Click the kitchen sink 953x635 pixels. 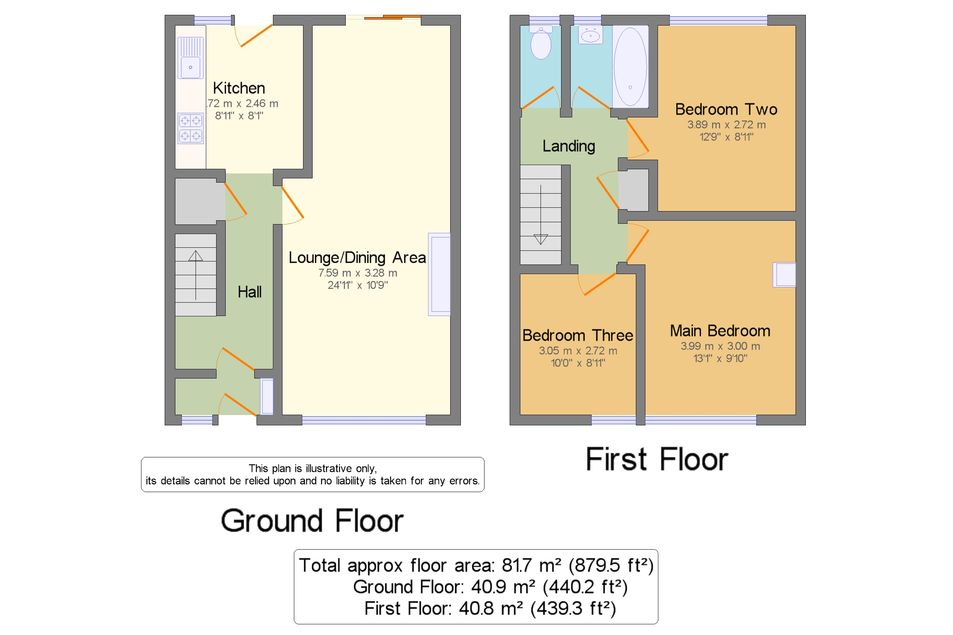190,58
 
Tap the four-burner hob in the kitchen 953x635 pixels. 190,128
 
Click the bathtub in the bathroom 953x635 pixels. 630,66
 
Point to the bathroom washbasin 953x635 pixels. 590,35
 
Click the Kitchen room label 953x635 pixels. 239,88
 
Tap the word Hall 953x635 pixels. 249,292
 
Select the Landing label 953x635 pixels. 569,146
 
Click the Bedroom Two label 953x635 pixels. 726,109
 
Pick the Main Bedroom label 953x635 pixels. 720,331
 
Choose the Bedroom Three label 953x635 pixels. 578,335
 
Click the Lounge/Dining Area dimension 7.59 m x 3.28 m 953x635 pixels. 358,273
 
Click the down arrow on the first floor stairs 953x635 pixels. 541,215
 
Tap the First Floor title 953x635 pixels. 657,460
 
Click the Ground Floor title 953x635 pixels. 312,521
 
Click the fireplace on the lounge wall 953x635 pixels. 440,274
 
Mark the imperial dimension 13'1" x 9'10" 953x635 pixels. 720,358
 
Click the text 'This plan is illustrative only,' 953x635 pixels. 313,468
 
